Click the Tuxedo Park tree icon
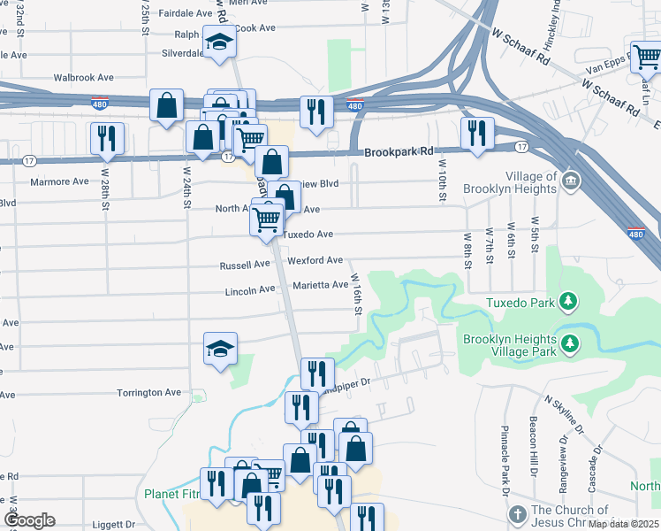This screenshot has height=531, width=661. click(x=568, y=303)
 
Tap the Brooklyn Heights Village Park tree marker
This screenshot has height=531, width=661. click(x=571, y=342)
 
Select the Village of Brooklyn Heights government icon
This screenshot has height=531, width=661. click(x=571, y=183)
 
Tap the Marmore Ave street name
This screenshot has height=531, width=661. click(x=59, y=181)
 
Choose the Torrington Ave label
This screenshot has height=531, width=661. click(x=149, y=392)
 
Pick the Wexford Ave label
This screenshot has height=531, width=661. click(x=314, y=261)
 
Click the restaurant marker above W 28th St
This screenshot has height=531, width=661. click(x=107, y=138)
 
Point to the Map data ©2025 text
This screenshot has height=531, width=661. click(x=624, y=524)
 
